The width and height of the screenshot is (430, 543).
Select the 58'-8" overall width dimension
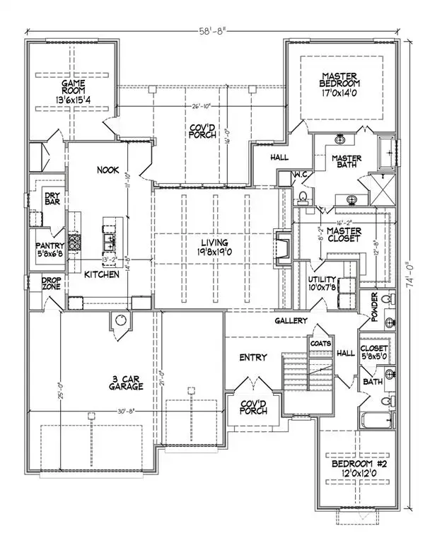click(212, 30)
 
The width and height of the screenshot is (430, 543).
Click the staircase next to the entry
click(295, 375)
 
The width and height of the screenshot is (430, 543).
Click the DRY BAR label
click(52, 197)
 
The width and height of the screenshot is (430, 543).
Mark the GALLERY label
click(291, 320)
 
